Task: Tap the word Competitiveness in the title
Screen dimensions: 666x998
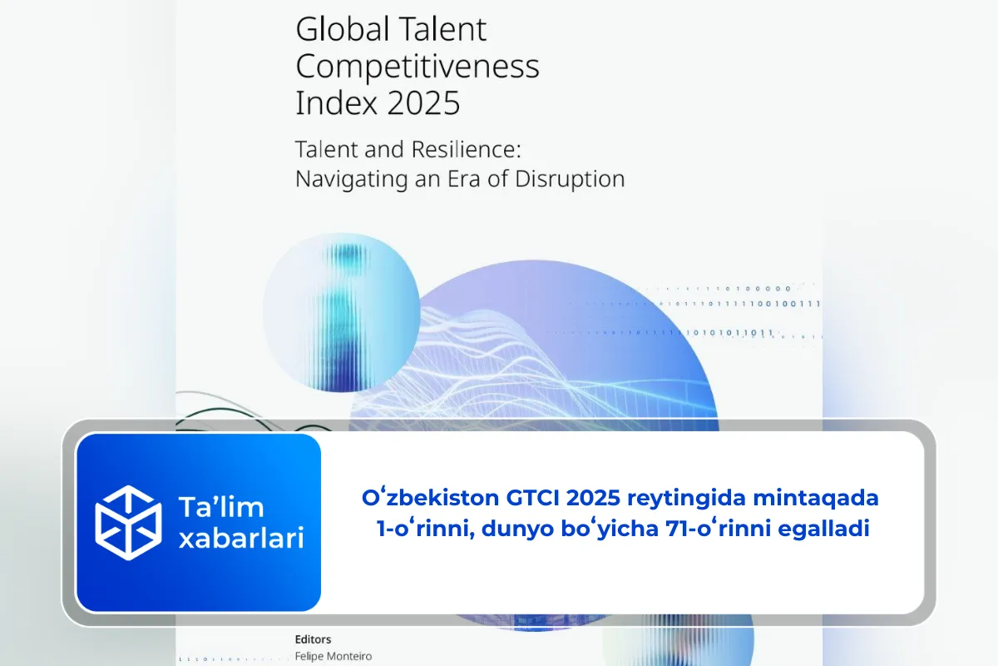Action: click(x=417, y=67)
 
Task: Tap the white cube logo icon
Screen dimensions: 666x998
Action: click(x=128, y=522)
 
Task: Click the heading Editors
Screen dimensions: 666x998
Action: click(x=314, y=639)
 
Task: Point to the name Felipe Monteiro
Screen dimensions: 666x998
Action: click(x=333, y=656)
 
